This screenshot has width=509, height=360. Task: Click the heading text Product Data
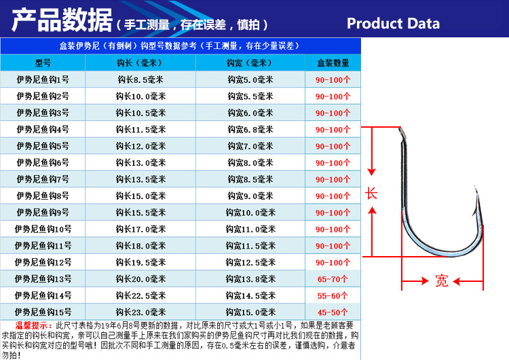[x=393, y=24]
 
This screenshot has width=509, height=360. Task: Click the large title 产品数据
[x=62, y=22]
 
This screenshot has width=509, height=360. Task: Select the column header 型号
[x=43, y=62]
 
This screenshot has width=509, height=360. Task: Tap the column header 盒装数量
[x=333, y=62]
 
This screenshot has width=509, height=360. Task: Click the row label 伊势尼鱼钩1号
[x=43, y=79]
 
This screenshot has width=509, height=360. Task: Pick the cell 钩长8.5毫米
[x=141, y=79]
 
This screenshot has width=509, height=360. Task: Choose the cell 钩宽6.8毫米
[x=251, y=129]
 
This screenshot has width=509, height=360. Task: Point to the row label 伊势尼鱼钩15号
[x=43, y=312]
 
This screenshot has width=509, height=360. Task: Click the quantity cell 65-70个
[x=333, y=278]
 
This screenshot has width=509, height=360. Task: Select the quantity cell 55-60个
[x=333, y=295]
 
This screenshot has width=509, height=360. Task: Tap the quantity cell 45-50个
[x=333, y=312]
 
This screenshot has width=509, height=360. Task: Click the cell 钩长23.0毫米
[x=141, y=312]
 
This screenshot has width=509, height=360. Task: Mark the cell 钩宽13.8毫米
[x=251, y=278]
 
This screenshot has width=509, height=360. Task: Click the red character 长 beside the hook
[x=371, y=193]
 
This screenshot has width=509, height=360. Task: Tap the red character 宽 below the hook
[x=442, y=281]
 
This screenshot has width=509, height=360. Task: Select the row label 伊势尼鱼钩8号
[x=43, y=196]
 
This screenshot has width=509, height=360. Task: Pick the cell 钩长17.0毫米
[x=141, y=229]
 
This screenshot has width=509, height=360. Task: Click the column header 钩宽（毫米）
[x=251, y=62]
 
